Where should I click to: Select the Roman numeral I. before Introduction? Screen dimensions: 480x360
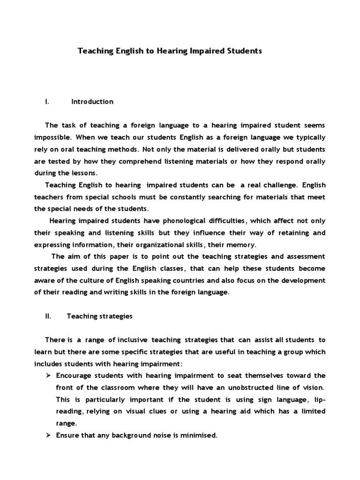(x=47, y=102)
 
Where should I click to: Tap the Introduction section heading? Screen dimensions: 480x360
(x=92, y=102)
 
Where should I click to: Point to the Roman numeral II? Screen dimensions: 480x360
(x=48, y=316)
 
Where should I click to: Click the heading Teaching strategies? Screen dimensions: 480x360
(x=100, y=316)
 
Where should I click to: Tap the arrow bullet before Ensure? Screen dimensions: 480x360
(x=48, y=435)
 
